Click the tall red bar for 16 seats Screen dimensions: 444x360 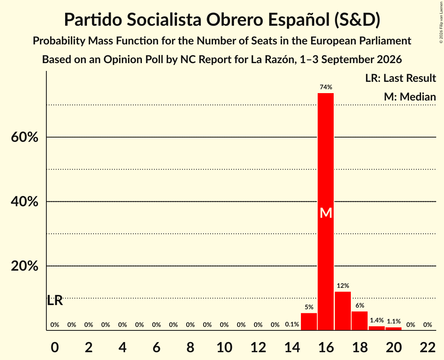(x=325, y=212)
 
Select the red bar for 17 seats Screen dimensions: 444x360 (x=343, y=311)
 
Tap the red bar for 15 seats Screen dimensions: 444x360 (x=309, y=321)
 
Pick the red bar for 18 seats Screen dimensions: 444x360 (x=360, y=321)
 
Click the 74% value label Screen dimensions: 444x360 (x=326, y=87)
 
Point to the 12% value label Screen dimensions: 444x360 (x=343, y=286)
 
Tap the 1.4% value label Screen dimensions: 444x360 (x=377, y=320)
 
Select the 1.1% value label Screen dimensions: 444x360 (x=394, y=321)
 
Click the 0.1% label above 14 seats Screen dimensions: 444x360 (x=292, y=324)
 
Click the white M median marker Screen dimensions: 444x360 (x=326, y=213)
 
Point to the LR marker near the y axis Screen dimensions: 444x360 (x=55, y=300)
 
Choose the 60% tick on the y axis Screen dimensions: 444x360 (x=25, y=138)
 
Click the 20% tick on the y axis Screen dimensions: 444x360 (x=25, y=266)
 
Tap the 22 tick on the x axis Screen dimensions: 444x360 (x=428, y=347)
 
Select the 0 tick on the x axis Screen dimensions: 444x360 (x=55, y=347)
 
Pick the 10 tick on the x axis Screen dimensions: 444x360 (x=224, y=347)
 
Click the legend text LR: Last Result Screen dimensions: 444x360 (x=400, y=78)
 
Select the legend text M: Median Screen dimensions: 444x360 (x=410, y=97)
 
